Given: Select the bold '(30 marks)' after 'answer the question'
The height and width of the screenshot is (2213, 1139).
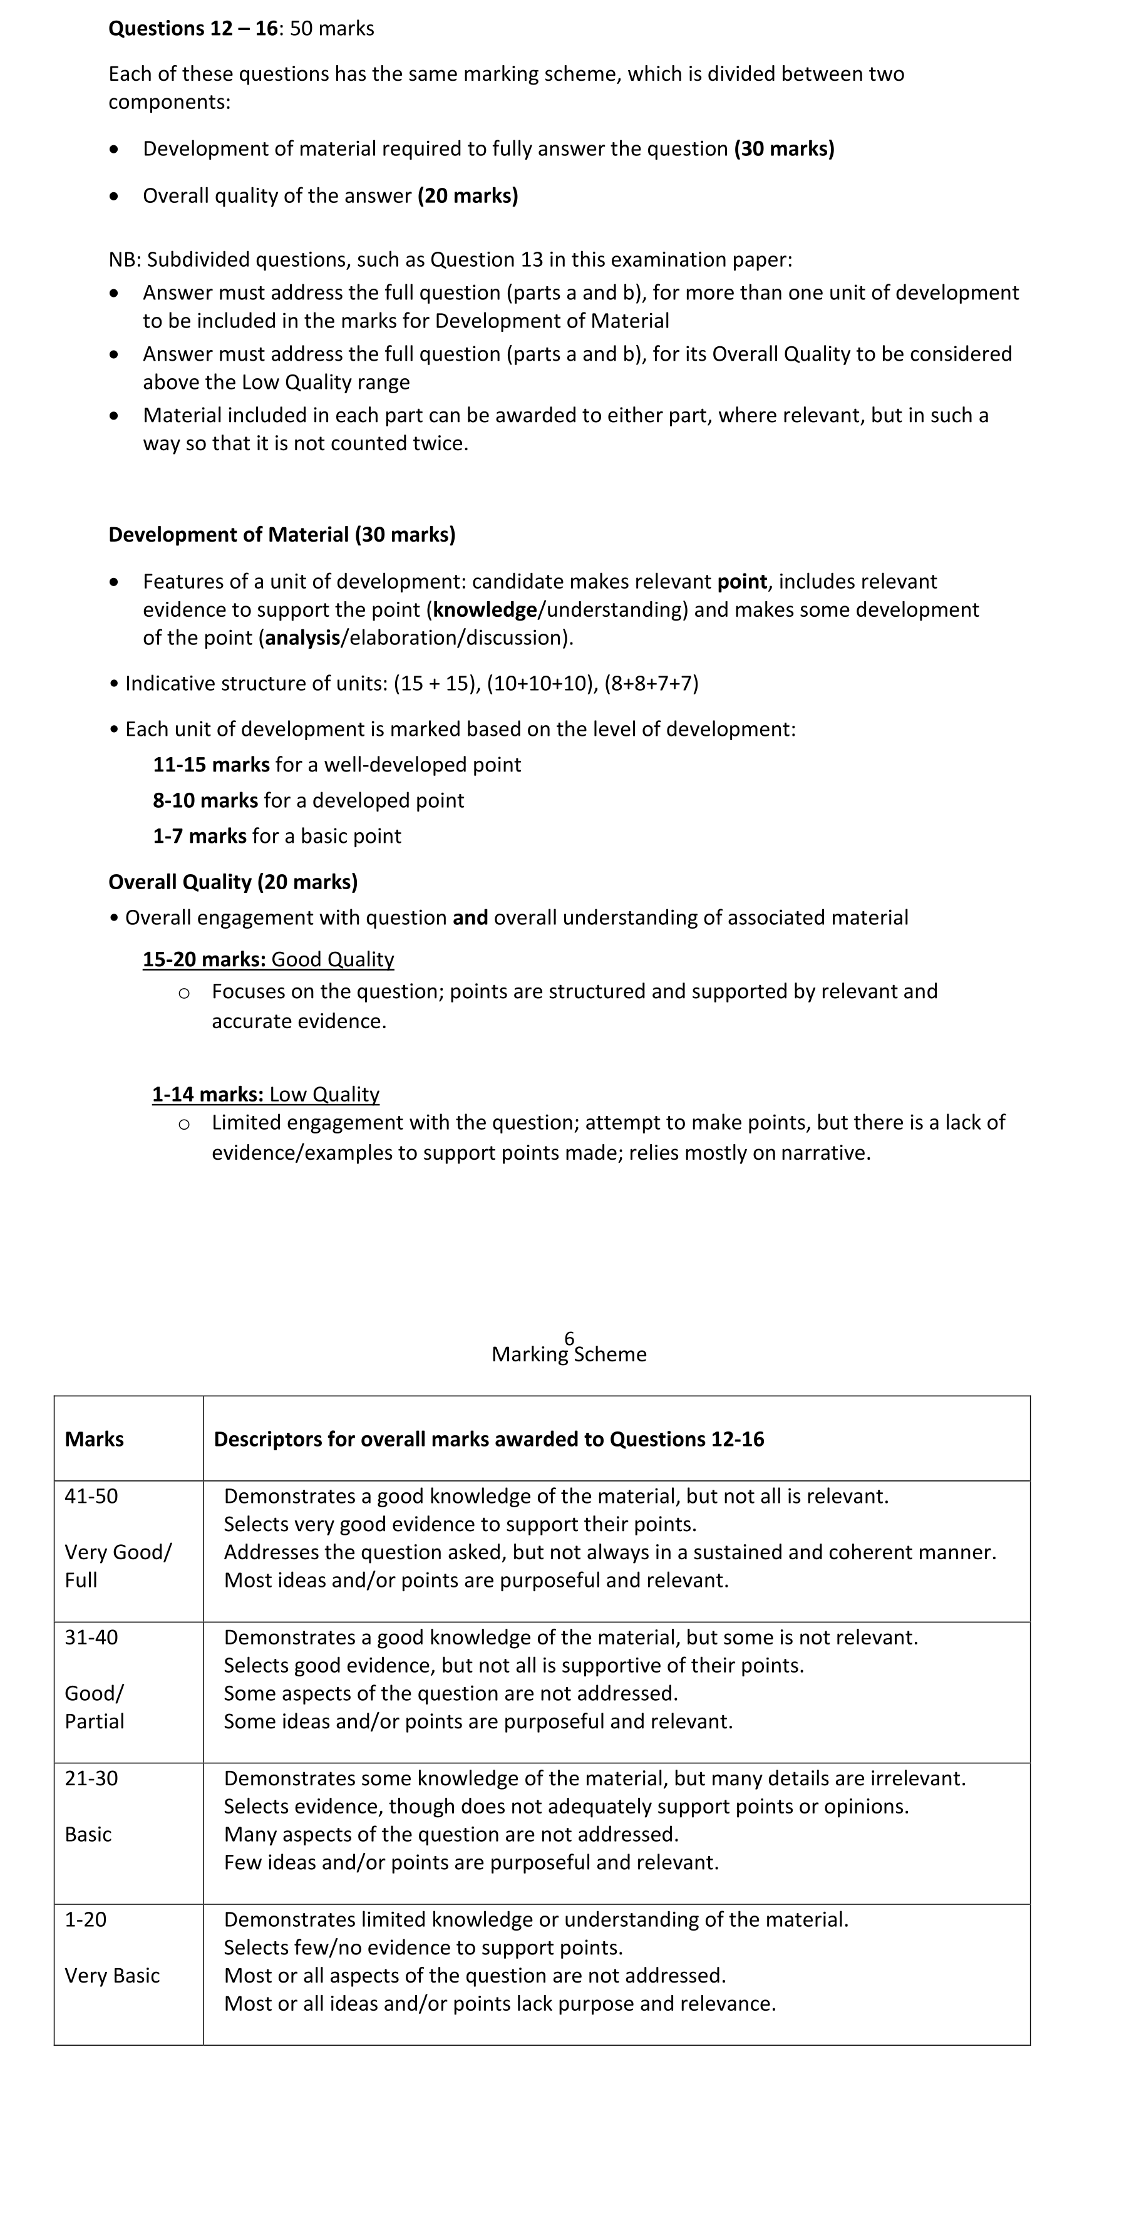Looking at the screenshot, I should coord(783,148).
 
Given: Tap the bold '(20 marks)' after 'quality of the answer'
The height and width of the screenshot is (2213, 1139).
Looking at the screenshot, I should coord(467,196).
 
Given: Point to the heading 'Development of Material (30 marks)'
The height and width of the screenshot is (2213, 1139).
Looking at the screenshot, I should coord(282,534).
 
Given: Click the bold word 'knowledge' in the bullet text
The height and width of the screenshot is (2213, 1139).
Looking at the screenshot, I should coord(485,610).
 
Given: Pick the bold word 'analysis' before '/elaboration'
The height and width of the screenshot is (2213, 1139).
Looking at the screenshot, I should coord(302,637).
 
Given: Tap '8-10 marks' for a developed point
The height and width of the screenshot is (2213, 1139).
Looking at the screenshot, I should coord(204,801).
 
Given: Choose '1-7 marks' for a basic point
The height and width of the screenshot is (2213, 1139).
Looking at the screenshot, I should coord(199,836).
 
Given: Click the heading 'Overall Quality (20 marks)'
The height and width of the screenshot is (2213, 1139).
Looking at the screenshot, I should coord(233,882).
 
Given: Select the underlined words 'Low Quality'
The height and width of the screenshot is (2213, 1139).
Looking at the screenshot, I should coord(324,1095).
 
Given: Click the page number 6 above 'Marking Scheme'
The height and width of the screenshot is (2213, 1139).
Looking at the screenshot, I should coord(570,1338).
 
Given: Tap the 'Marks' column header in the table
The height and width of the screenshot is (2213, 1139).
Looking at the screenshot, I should coord(95,1439).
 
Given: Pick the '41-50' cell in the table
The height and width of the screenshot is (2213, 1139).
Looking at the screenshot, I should coord(91,1495).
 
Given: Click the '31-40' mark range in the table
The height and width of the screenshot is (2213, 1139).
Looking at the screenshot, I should coord(91,1636).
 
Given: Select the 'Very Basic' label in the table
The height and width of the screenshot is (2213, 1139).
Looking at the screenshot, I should coord(113,1975).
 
